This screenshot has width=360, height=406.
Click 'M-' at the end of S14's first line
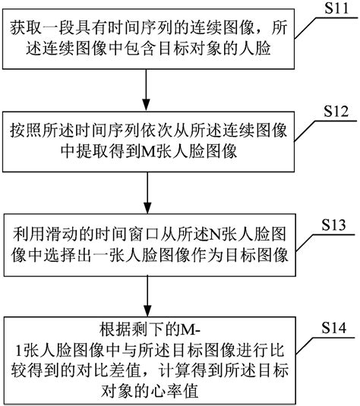click(x=188, y=327)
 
